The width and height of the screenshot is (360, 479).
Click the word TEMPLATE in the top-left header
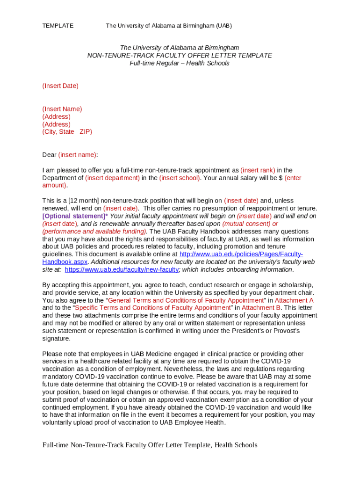[58, 26]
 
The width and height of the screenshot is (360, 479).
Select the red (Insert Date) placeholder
[60, 86]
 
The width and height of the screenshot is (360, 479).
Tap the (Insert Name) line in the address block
[62, 109]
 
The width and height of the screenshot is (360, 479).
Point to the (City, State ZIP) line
[67, 132]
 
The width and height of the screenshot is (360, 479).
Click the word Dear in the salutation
[49, 155]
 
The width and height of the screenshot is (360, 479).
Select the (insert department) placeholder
[112, 178]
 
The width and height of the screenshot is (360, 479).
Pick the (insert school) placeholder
[180, 178]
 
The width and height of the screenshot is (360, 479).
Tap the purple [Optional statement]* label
[75, 216]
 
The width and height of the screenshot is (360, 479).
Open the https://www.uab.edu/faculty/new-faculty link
[122, 269]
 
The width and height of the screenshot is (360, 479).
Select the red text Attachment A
[294, 300]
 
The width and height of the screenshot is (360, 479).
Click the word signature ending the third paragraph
[56, 338]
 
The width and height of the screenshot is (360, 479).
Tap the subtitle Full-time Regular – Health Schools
[180, 63]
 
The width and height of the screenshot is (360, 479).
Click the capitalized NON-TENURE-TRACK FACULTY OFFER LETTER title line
[180, 55]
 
